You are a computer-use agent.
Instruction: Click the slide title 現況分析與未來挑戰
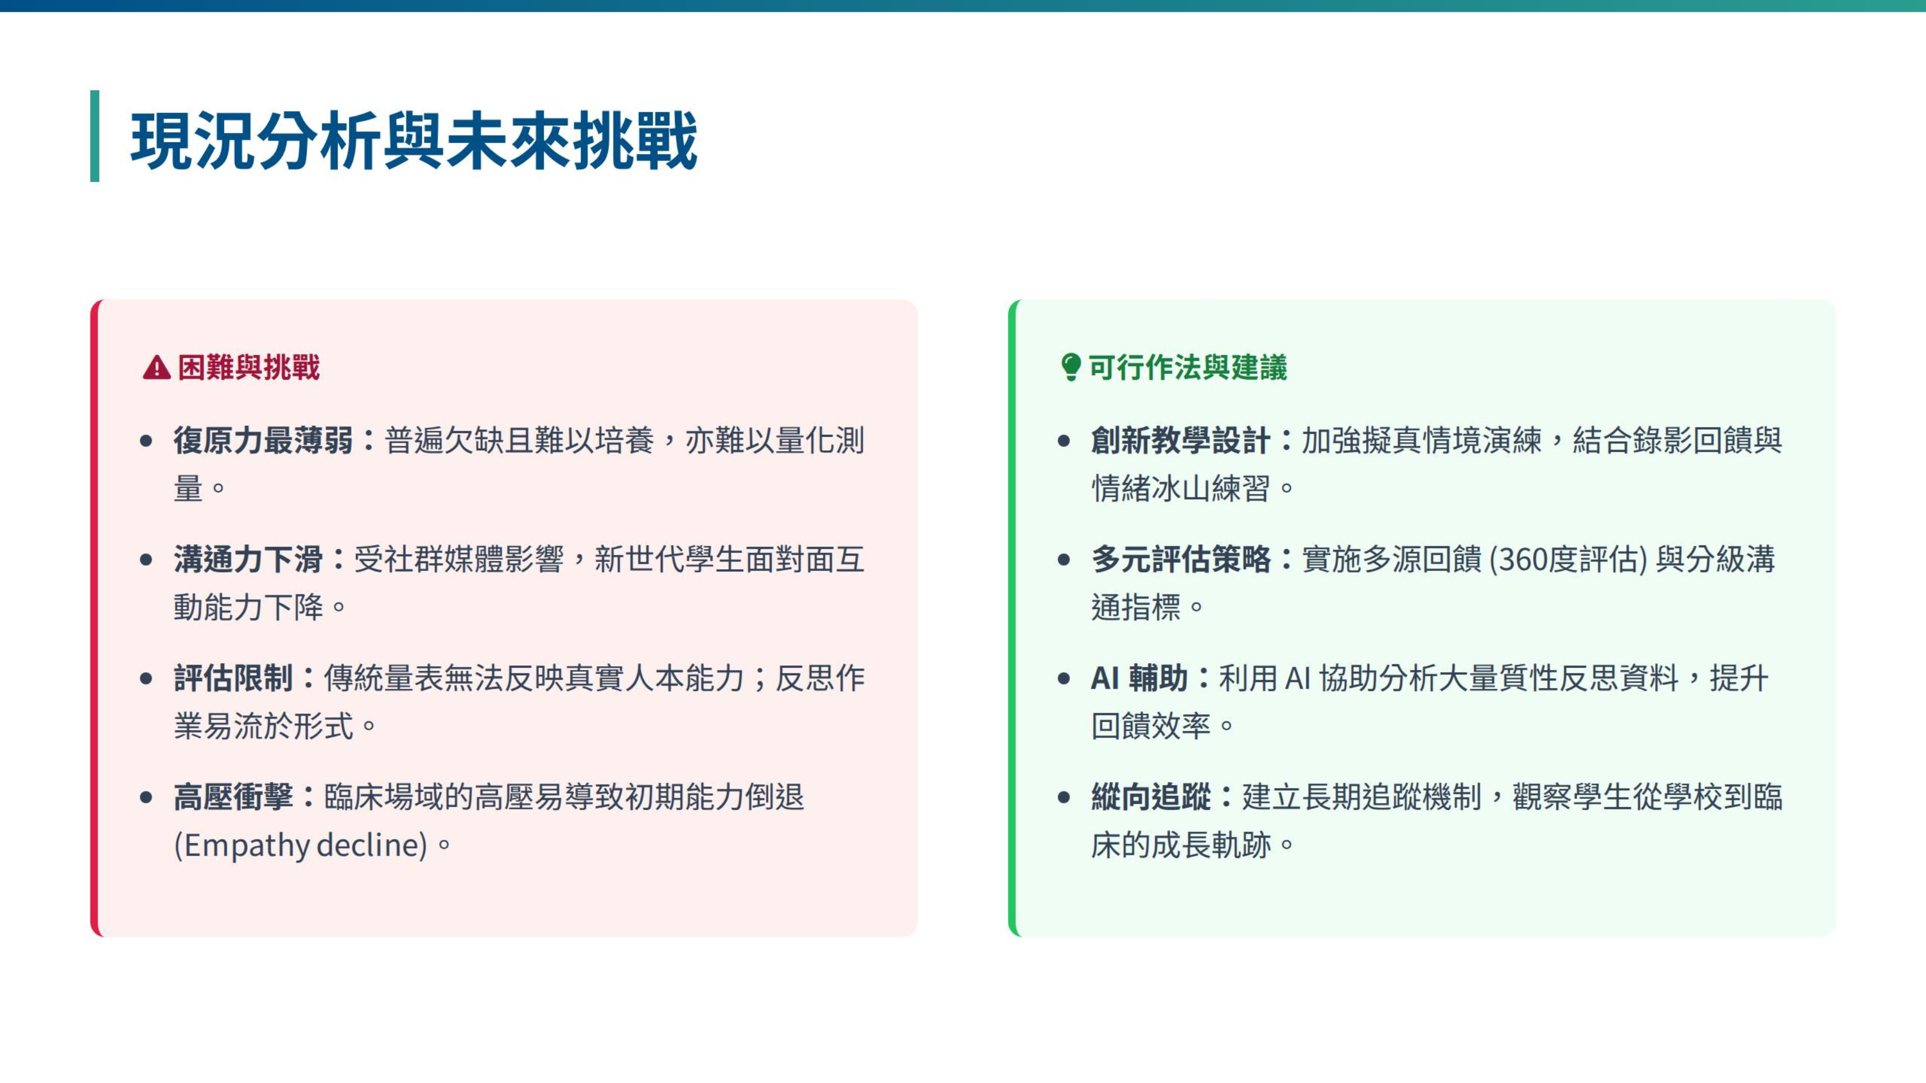click(x=414, y=140)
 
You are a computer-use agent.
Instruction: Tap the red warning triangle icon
click(x=156, y=368)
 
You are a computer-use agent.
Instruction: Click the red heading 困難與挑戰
click(x=249, y=368)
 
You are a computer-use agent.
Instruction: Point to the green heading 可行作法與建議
click(x=1187, y=368)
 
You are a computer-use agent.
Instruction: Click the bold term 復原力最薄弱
click(x=263, y=440)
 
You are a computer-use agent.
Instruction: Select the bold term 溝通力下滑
click(x=248, y=559)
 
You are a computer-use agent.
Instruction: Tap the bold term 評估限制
click(x=233, y=678)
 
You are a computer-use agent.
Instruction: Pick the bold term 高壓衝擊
click(x=233, y=797)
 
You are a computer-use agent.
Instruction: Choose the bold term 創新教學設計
click(x=1181, y=440)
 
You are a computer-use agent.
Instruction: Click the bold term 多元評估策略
click(x=1181, y=559)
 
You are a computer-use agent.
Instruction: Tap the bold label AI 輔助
click(x=1139, y=678)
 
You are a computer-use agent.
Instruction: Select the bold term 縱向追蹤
click(x=1151, y=797)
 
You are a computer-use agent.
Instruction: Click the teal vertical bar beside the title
click(x=95, y=136)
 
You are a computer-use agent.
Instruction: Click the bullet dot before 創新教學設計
click(x=1064, y=441)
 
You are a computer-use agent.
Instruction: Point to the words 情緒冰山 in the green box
click(x=1151, y=489)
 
